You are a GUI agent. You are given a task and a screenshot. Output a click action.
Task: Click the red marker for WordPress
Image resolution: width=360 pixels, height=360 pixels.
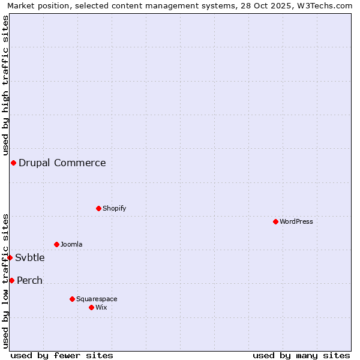point(275,221)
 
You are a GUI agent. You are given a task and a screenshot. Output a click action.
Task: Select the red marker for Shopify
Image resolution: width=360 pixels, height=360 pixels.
point(98,208)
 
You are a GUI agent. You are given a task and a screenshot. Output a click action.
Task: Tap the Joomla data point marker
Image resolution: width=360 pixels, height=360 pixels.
point(56,244)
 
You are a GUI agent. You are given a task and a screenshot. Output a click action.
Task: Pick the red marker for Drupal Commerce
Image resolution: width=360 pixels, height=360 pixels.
point(13,163)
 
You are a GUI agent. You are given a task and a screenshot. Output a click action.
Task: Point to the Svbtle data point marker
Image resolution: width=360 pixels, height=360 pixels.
point(10,257)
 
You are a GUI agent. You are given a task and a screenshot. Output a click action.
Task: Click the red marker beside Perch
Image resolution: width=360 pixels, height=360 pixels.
point(11,280)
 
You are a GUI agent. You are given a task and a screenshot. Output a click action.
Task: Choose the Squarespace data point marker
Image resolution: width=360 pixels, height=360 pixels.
point(72,299)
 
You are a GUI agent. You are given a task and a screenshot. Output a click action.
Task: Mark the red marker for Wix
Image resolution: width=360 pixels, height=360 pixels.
point(91,307)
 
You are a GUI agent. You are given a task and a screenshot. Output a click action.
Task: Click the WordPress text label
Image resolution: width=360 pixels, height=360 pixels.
point(296,221)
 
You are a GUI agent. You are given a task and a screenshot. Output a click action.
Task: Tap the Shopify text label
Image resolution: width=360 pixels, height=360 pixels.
point(114,208)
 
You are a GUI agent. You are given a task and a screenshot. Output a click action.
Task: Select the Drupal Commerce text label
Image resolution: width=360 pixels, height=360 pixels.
point(62,163)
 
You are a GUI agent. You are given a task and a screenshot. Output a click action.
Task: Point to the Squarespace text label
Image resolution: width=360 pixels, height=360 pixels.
point(97,299)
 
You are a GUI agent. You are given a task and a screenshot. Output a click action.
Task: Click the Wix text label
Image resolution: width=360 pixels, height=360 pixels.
point(101,307)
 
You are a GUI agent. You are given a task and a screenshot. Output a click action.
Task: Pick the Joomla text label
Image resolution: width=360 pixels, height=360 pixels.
point(71,244)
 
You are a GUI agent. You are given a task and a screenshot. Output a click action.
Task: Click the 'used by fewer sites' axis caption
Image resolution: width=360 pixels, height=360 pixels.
point(62,355)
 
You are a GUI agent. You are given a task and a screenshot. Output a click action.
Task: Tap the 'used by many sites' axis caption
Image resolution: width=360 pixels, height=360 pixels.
point(301,355)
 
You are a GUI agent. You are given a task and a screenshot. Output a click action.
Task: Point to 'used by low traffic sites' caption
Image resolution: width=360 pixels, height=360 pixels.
point(5,281)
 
